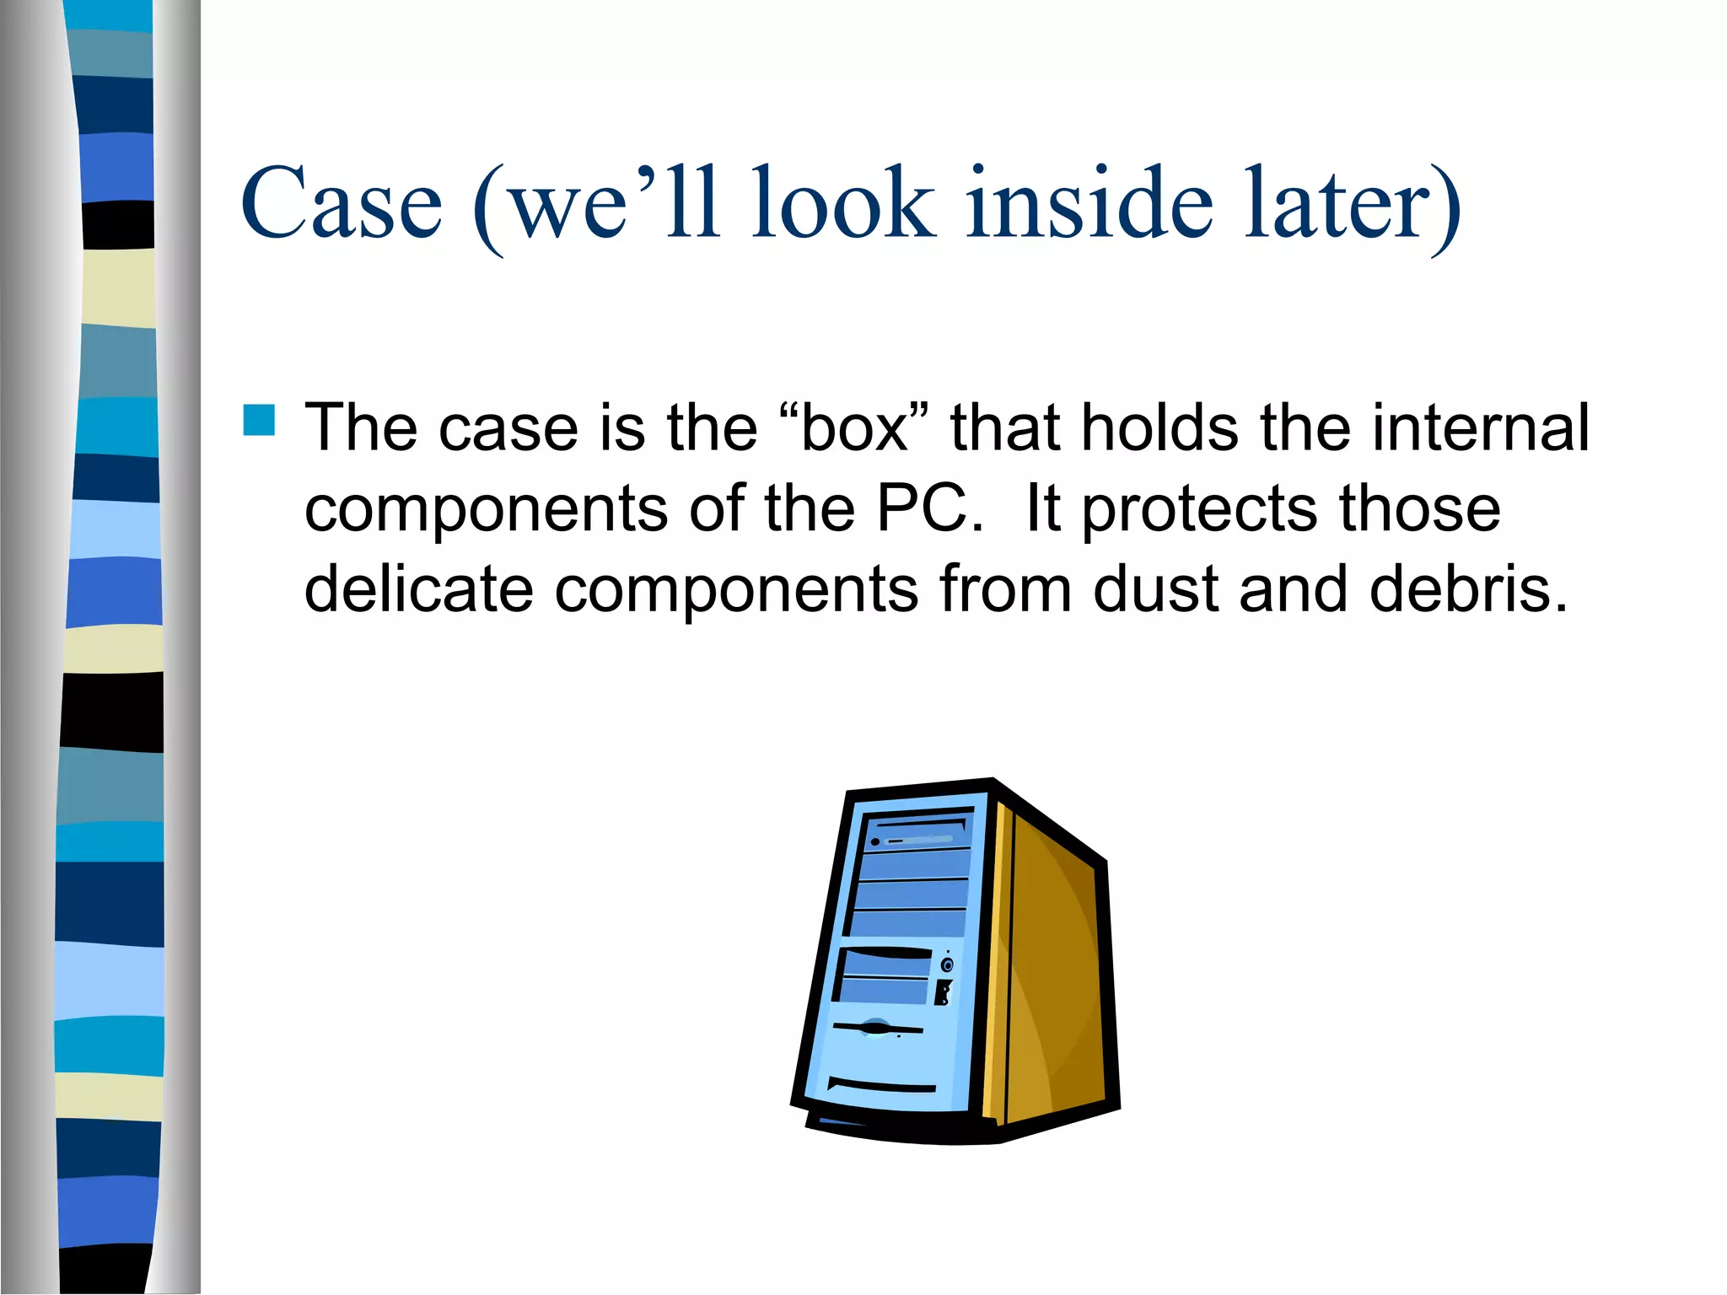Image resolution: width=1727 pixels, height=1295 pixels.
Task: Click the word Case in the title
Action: click(341, 203)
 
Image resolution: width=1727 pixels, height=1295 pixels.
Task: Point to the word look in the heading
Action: click(843, 203)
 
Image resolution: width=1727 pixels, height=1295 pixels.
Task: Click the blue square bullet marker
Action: click(259, 420)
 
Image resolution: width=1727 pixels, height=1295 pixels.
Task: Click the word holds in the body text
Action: click(1160, 428)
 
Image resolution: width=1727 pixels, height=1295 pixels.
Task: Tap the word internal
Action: click(1481, 428)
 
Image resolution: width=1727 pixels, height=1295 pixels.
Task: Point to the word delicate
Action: click(418, 588)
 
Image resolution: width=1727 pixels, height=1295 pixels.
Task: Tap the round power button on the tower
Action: click(947, 965)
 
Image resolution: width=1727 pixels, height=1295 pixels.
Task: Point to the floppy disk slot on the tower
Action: click(877, 1028)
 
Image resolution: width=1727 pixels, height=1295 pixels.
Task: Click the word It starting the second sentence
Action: click(1042, 508)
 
